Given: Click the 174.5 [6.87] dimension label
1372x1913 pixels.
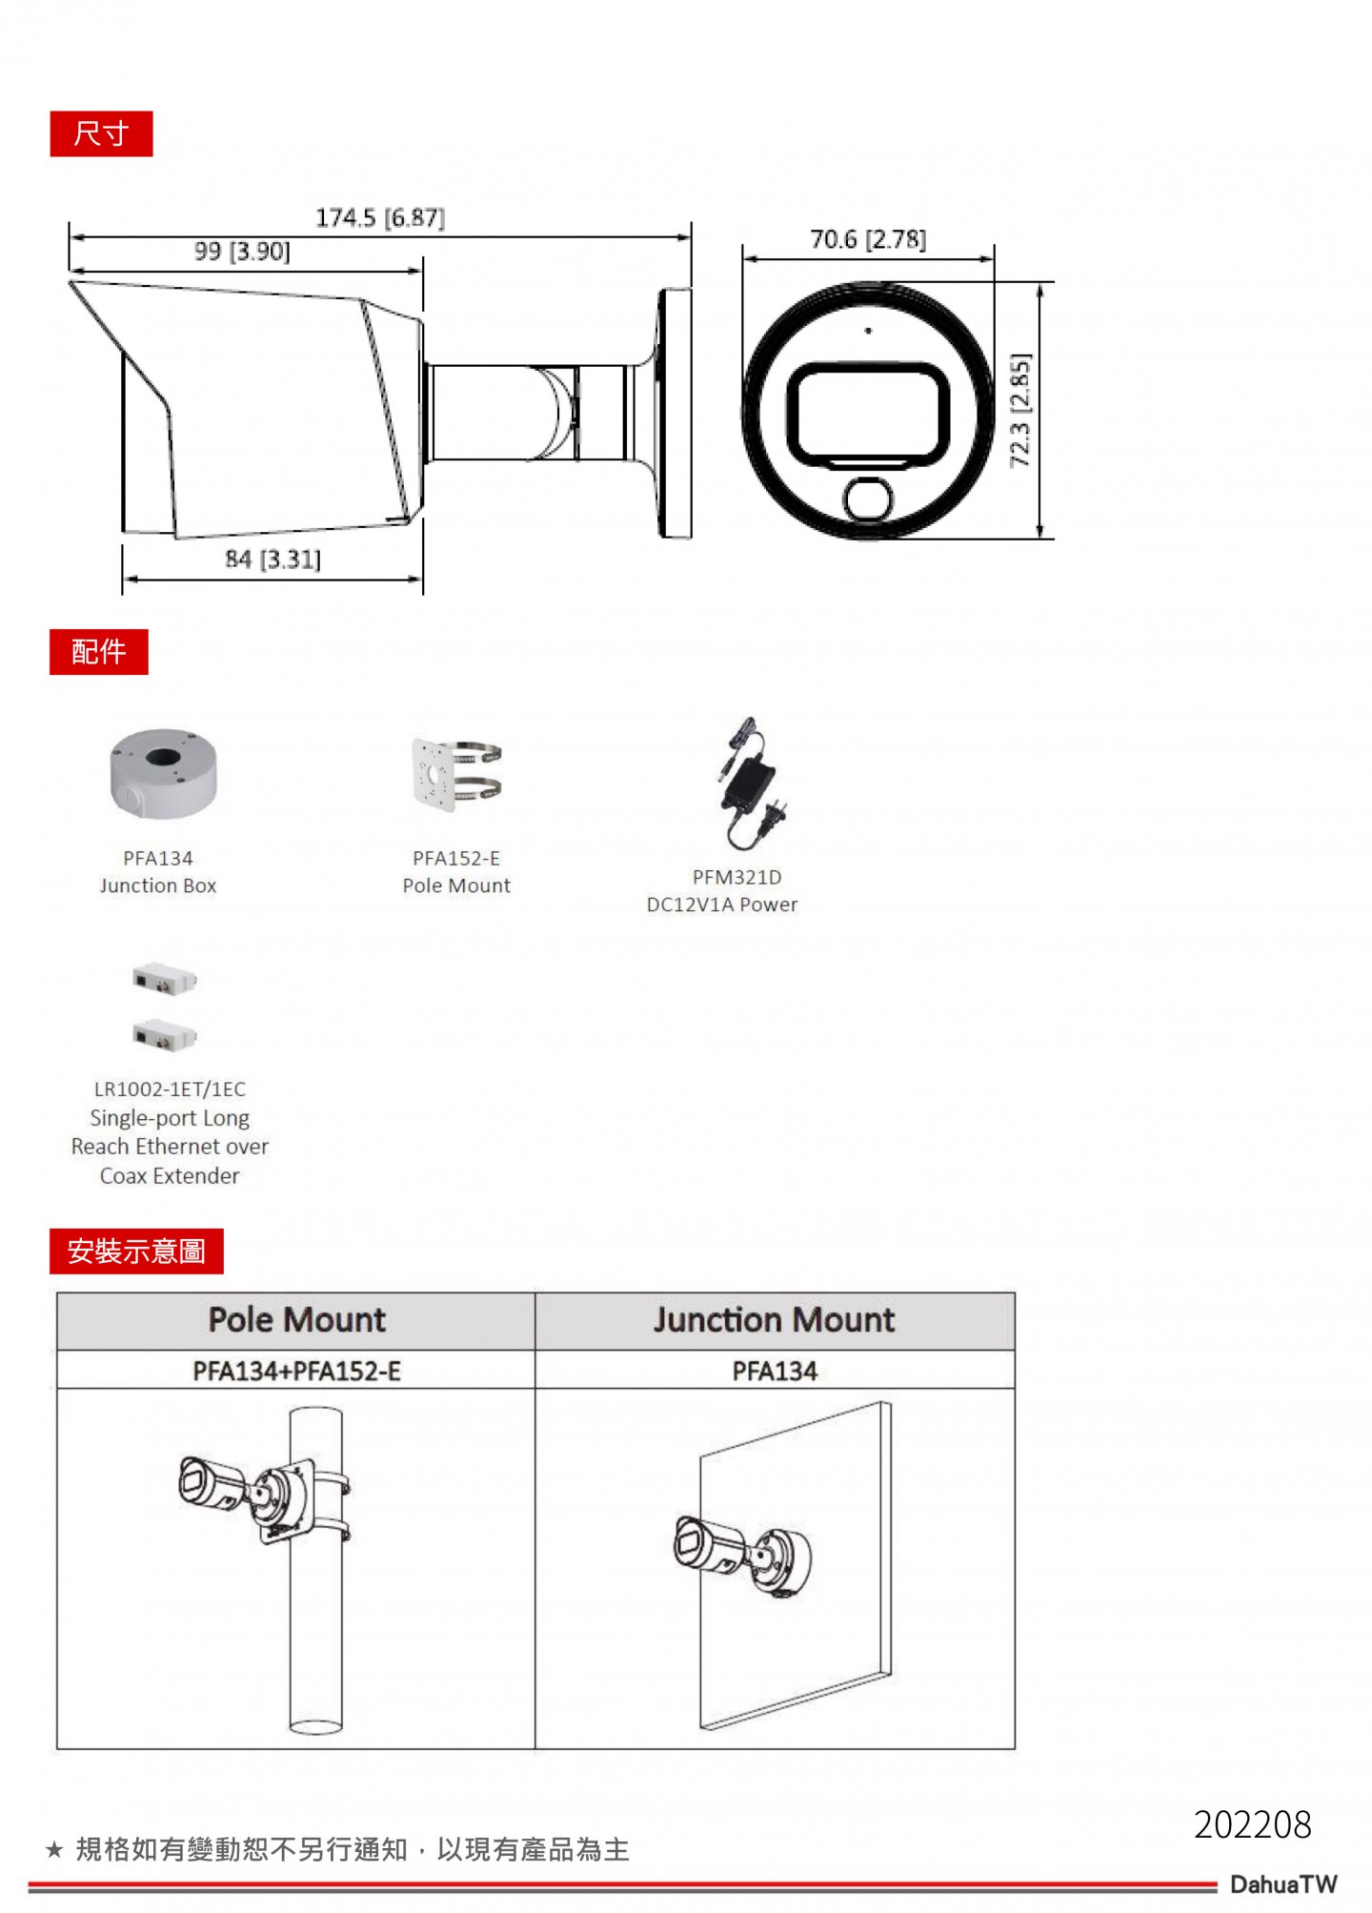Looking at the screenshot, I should click(380, 218).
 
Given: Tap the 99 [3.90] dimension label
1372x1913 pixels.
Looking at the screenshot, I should click(242, 252).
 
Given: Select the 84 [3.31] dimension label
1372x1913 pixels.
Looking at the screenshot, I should click(272, 560).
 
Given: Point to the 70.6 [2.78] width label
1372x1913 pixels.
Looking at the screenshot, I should click(867, 239).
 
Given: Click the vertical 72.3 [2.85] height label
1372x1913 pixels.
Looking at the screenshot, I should click(1019, 411).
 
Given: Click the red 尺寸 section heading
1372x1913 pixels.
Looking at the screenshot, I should click(101, 133).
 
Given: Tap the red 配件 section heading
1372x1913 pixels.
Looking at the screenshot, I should click(98, 652).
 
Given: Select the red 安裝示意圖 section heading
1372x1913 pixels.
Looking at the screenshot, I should click(136, 1251).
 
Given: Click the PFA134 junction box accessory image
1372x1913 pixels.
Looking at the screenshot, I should click(163, 773).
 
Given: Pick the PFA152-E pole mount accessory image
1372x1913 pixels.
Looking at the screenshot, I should click(456, 774).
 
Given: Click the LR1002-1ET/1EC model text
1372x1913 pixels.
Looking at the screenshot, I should click(170, 1089).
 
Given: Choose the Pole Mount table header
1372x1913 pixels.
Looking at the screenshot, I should click(296, 1320).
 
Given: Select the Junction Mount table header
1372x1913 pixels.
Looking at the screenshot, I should click(774, 1320).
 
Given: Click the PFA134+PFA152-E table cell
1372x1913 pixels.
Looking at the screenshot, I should click(296, 1372).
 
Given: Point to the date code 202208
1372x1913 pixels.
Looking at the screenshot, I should click(1252, 1825).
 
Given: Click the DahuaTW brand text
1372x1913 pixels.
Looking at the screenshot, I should click(1282, 1884).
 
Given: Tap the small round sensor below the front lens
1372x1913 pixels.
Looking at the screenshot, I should click(868, 499).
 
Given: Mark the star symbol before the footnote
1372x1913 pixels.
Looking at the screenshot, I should click(54, 1850).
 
